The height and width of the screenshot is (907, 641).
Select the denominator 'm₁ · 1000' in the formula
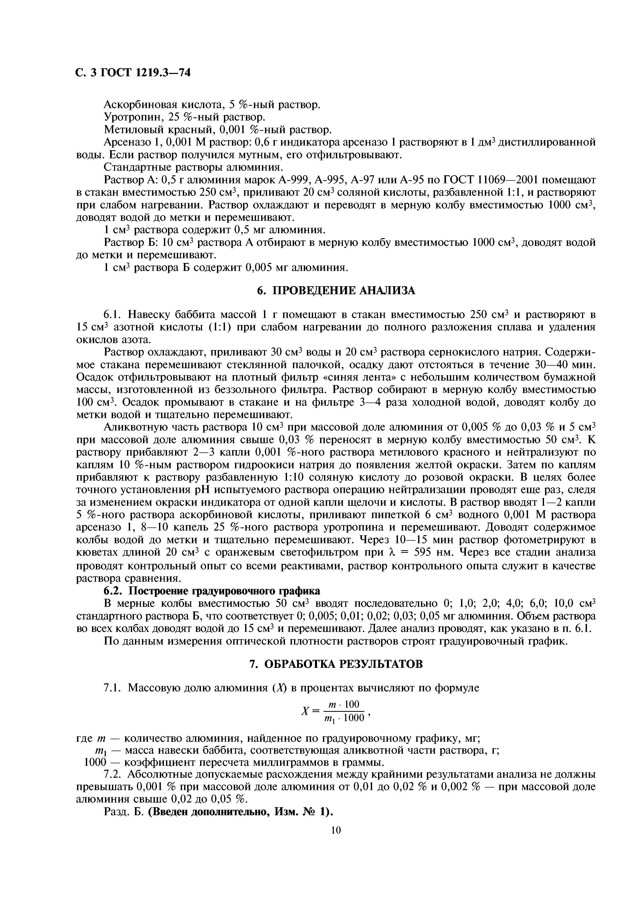[x=345, y=718]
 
